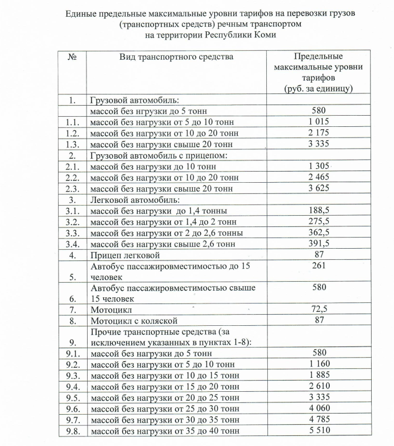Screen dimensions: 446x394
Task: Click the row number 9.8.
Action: [72, 431]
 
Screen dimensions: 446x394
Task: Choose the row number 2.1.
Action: [72, 166]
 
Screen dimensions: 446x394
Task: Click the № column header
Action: [72, 56]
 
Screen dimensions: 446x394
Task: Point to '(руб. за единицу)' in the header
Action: [318, 89]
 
